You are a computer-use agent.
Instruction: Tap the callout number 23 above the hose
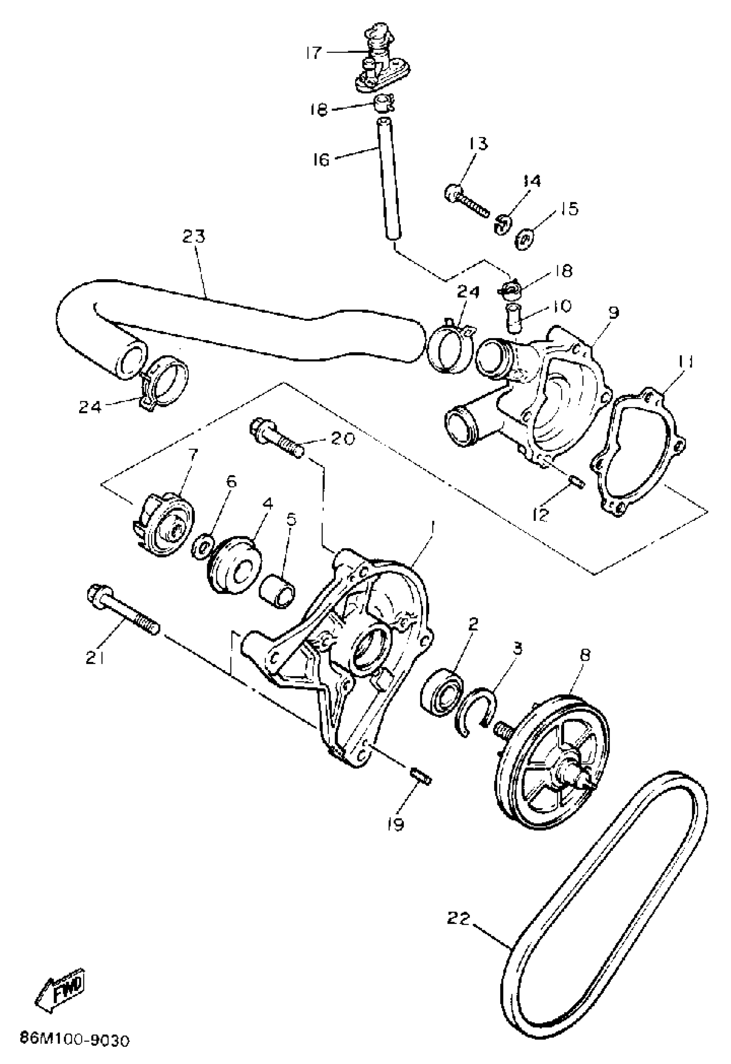tap(194, 237)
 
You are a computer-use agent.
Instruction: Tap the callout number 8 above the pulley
tap(585, 655)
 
